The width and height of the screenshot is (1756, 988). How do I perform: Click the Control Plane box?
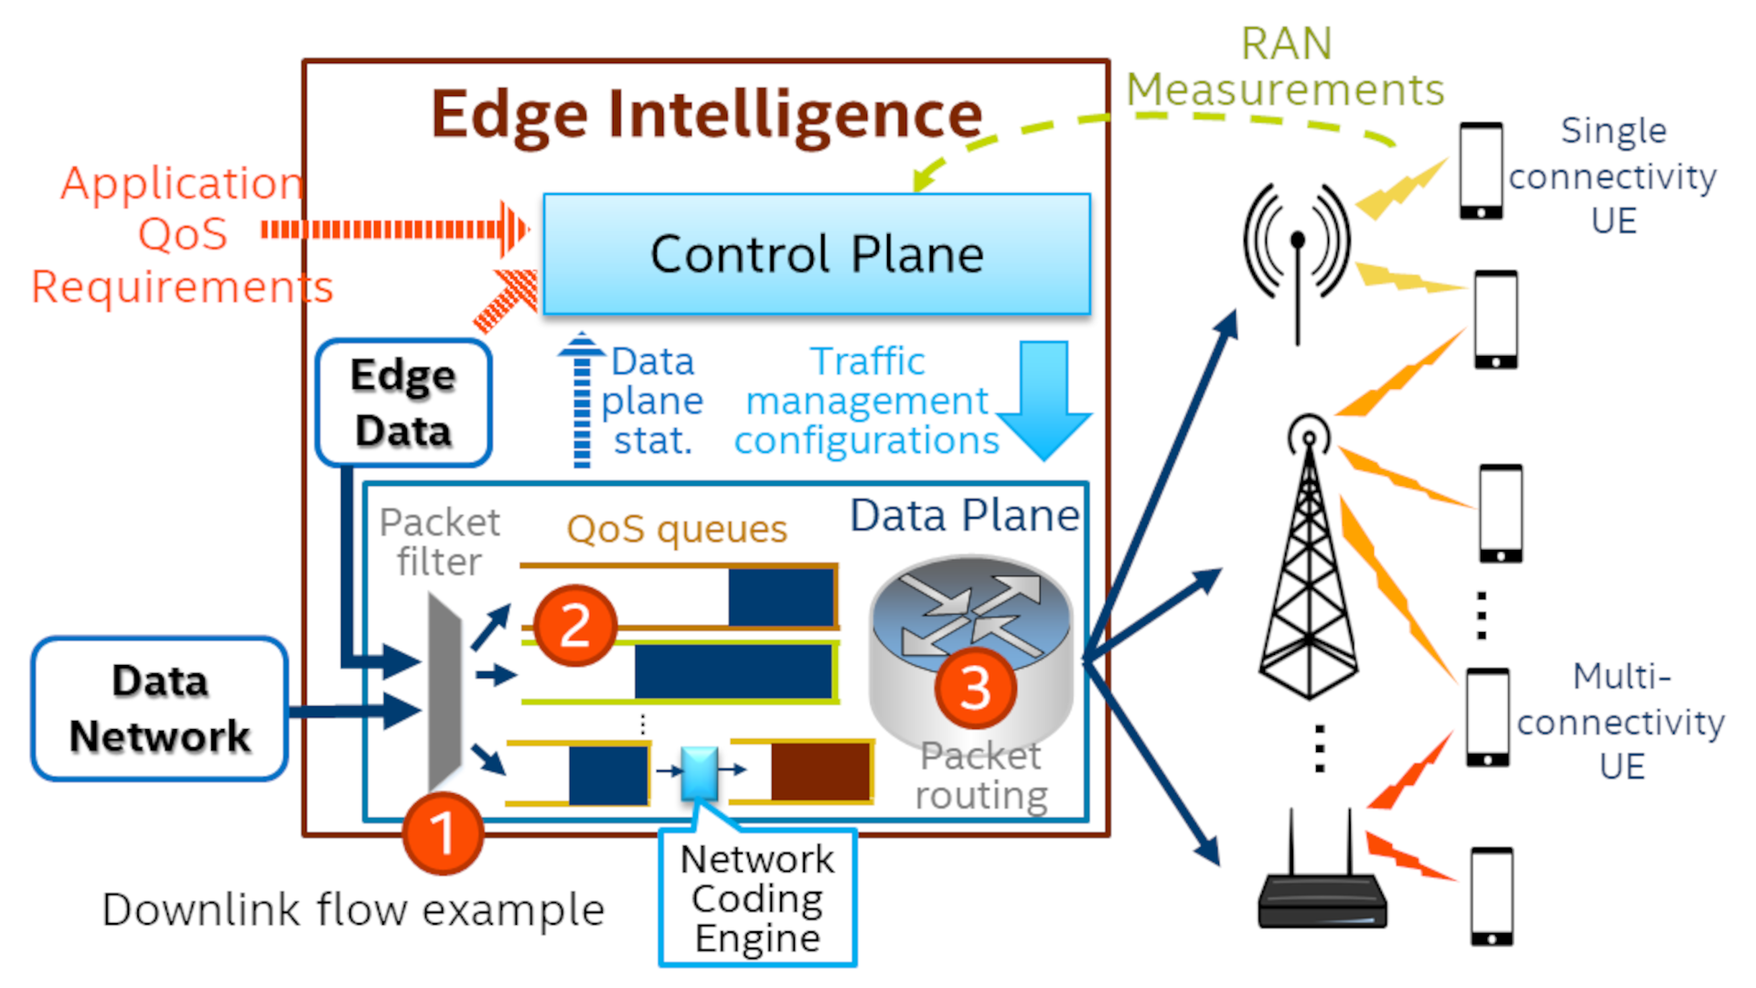[x=816, y=254]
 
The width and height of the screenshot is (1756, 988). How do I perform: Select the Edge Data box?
[x=403, y=403]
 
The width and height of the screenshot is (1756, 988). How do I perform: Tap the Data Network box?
[x=160, y=709]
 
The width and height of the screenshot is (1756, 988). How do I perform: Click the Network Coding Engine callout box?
[x=757, y=898]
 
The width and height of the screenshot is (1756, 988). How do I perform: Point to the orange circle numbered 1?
[x=443, y=832]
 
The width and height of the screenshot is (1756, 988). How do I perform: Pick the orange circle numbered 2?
[x=574, y=626]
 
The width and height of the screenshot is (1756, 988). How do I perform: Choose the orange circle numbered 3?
[x=975, y=688]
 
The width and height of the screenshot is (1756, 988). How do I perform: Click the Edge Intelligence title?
[x=706, y=114]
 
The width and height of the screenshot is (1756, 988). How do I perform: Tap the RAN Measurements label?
[x=1285, y=67]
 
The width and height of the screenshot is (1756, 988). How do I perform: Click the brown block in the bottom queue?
[x=820, y=771]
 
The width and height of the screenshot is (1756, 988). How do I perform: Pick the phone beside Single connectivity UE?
[x=1481, y=170]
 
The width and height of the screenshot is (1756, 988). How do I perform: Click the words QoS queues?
[x=677, y=529]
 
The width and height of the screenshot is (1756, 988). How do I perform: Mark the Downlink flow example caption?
[x=353, y=909]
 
